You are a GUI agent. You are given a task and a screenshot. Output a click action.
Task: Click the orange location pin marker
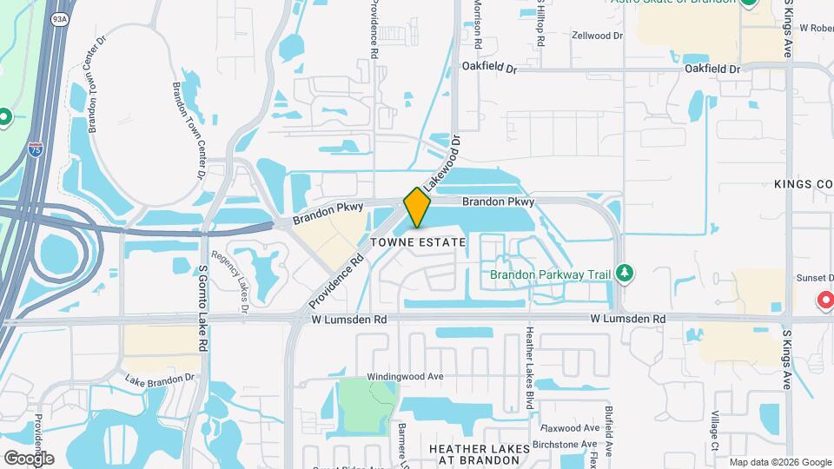point(417,208)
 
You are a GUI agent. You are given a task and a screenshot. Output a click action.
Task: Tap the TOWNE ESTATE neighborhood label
point(418,242)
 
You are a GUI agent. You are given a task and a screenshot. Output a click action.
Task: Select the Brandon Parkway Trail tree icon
point(624,274)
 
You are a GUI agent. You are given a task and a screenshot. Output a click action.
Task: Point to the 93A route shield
point(59,17)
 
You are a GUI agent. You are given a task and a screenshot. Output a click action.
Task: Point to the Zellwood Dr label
point(597,36)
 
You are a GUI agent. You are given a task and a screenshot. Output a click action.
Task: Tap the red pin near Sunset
point(824,300)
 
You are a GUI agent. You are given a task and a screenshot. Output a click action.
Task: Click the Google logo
point(28,458)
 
